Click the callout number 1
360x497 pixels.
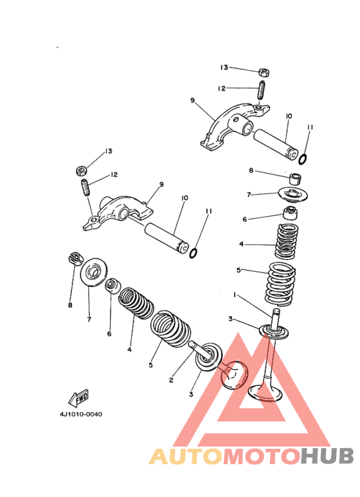[x=235, y=295]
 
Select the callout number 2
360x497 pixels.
[x=171, y=380]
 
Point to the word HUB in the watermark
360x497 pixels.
[x=327, y=456]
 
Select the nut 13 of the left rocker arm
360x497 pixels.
[x=82, y=170]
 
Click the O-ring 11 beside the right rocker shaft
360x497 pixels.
[x=307, y=158]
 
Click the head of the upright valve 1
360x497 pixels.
[x=267, y=392]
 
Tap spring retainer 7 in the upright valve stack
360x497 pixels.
[x=295, y=192]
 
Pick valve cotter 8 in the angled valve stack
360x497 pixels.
[x=73, y=258]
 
